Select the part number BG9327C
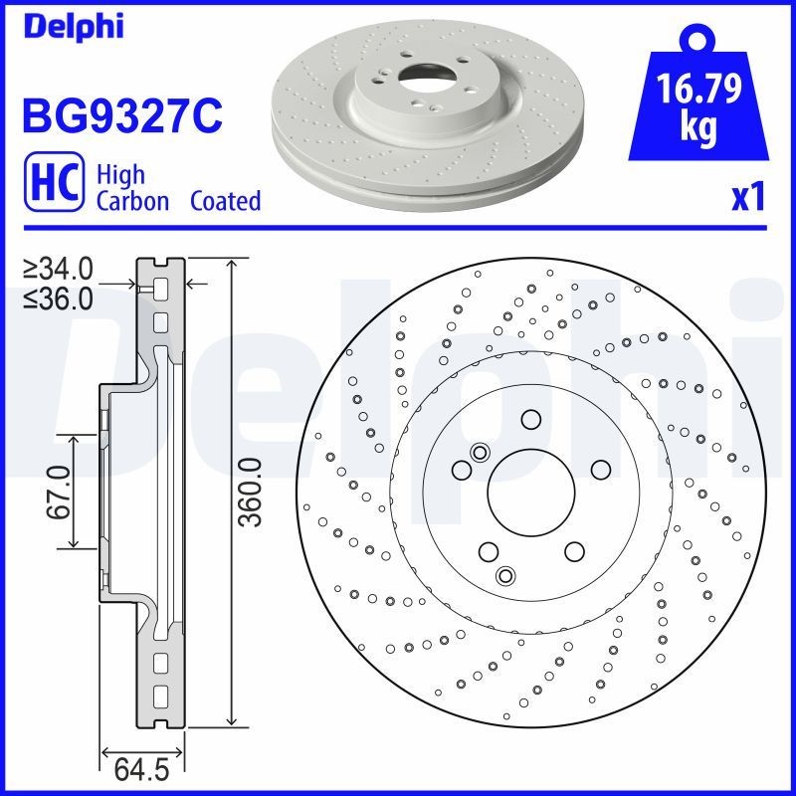click(x=120, y=115)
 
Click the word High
click(x=120, y=174)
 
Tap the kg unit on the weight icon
click(x=699, y=129)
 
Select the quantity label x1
click(x=747, y=198)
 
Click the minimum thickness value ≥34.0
click(x=59, y=269)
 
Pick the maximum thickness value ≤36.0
click(x=59, y=298)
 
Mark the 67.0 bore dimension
click(x=57, y=491)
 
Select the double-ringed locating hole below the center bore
click(x=505, y=575)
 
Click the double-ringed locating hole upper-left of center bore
click(x=479, y=453)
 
